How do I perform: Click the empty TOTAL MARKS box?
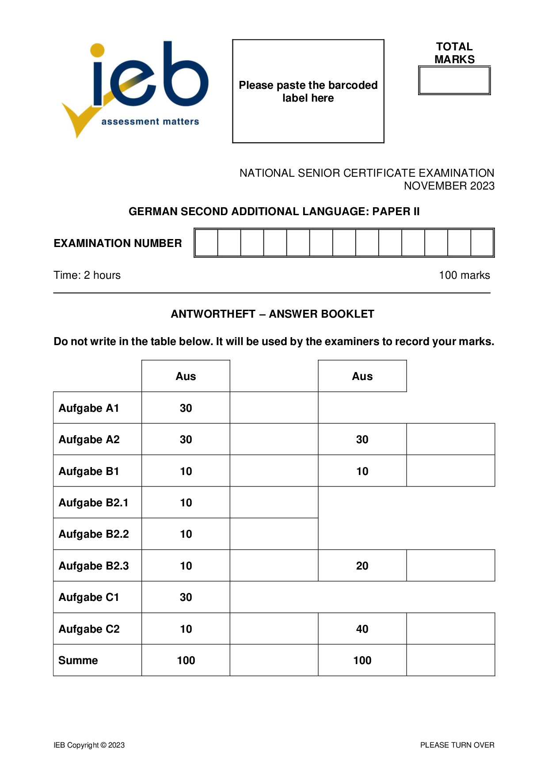[454, 80]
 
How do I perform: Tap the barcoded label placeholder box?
[308, 91]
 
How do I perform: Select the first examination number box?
[206, 243]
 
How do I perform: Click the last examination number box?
[482, 243]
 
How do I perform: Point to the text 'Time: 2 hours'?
[87, 275]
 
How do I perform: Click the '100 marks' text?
[464, 275]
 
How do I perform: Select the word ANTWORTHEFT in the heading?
[213, 314]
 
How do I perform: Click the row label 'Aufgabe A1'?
[89, 408]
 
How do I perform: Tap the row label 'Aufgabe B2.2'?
[94, 534]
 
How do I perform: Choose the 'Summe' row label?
[78, 661]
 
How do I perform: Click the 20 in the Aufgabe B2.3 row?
[362, 566]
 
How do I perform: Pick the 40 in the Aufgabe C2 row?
[362, 629]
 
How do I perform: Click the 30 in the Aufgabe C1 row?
[186, 597]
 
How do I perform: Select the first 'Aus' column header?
[186, 376]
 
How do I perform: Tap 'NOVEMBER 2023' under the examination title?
[449, 186]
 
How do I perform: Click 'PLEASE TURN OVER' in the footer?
[457, 745]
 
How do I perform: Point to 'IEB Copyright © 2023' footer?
[89, 745]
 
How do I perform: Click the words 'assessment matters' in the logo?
[150, 122]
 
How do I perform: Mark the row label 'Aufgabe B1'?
[89, 471]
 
